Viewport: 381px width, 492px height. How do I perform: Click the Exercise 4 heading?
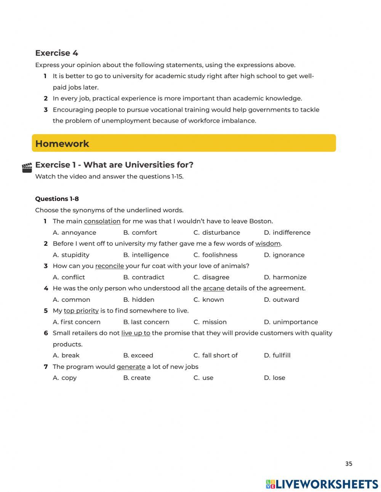tap(56, 53)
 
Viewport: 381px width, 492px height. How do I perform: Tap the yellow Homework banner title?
tap(62, 144)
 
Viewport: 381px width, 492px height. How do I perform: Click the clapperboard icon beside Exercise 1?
tap(27, 168)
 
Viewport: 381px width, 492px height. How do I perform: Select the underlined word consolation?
tap(102, 221)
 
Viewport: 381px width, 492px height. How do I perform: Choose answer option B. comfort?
tap(140, 232)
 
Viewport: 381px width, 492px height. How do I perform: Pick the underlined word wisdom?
tap(268, 244)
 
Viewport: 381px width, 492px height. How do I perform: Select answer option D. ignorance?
tap(284, 255)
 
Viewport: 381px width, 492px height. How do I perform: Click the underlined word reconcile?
tap(109, 266)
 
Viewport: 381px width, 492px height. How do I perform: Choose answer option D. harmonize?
tap(285, 277)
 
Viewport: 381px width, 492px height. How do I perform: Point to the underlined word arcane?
tap(213, 288)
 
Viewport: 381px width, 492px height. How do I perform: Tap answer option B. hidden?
tap(139, 300)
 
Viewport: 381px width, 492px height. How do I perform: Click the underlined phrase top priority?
tap(81, 311)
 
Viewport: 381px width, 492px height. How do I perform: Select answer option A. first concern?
tap(77, 322)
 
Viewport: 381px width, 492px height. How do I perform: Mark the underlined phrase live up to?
tap(136, 333)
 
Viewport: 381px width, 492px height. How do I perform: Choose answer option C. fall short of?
tap(216, 355)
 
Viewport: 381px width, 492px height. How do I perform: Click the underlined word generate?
tap(131, 367)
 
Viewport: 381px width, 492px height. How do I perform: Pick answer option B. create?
tap(137, 378)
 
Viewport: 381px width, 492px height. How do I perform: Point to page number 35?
tap(349, 464)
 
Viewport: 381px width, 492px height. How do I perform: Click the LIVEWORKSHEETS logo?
tap(322, 484)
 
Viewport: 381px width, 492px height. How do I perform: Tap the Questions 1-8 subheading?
tap(57, 199)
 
